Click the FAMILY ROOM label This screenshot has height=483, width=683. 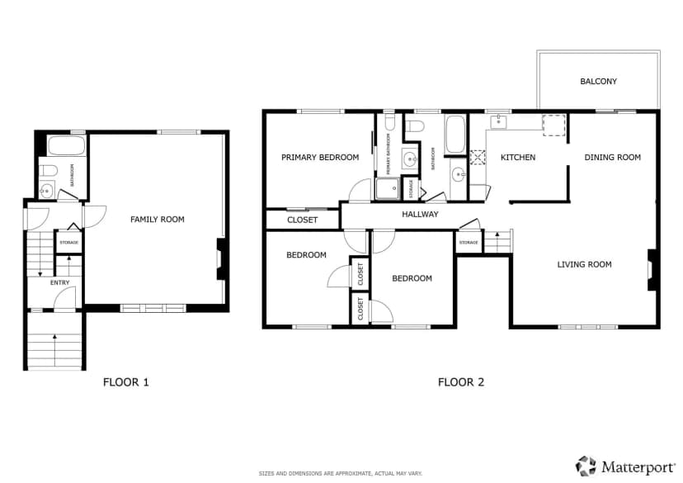coord(158,220)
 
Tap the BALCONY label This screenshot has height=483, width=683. coord(599,81)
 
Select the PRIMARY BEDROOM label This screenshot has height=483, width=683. coord(320,158)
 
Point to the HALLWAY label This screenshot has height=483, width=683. coord(420,214)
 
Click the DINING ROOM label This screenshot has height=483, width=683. coord(612,158)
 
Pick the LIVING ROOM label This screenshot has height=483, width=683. coord(585,264)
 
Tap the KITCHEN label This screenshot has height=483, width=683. coord(518,158)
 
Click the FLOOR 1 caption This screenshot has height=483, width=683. coord(126,382)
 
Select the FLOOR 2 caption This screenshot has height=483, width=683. coord(461,382)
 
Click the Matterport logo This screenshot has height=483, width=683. coord(625,466)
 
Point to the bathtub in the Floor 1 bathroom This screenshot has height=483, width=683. coord(66,145)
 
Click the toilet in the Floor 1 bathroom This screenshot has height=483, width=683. coord(49,170)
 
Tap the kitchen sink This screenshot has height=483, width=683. coord(498,121)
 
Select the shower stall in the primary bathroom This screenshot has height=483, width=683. coord(388,188)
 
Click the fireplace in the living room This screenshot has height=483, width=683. coord(652,269)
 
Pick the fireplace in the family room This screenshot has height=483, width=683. coord(221,259)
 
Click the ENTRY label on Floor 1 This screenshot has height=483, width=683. coord(59,283)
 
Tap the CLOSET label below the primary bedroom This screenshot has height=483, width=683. coord(302,220)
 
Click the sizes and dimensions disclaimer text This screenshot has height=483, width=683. coord(341,473)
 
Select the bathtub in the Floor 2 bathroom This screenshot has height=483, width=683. coord(455,135)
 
